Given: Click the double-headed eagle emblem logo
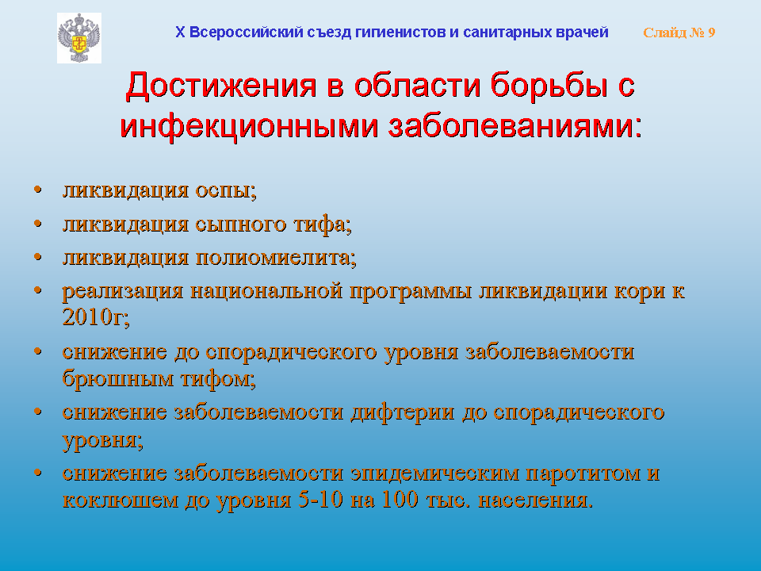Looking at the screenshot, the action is [79, 38].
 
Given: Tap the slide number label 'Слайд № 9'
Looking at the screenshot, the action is [679, 33].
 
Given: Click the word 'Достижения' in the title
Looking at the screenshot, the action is [221, 86].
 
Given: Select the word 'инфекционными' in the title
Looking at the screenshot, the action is [249, 126].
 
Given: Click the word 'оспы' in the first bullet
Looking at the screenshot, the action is [226, 191].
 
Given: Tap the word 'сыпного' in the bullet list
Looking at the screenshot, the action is [240, 225].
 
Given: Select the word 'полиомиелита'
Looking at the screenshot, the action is [276, 257].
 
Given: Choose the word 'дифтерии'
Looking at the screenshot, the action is [403, 413].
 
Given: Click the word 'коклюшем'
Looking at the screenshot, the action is [120, 500].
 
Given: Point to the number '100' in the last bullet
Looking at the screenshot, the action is [400, 499].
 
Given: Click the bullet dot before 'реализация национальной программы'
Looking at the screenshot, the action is [38, 290].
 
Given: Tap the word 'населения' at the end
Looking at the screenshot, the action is [535, 500].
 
